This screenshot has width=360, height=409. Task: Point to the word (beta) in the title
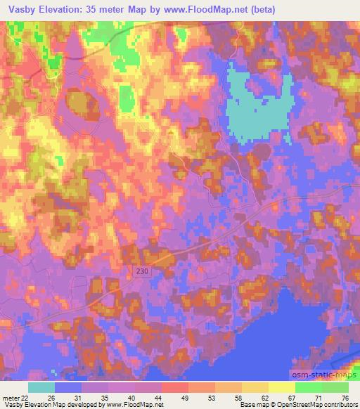point(259,9)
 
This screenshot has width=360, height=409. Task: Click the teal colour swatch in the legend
point(41,387)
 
